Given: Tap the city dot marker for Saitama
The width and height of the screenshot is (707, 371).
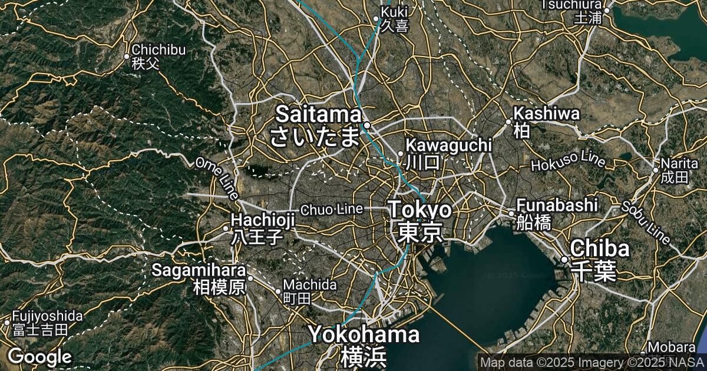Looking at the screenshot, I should click(x=366, y=125).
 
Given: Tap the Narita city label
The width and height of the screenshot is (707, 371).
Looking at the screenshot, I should click(x=675, y=170).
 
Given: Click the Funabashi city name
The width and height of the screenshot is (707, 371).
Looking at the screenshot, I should click(x=557, y=213).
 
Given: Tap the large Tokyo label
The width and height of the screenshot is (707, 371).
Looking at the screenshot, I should click(x=420, y=220).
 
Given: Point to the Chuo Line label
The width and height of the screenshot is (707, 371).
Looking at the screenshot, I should click(x=331, y=209).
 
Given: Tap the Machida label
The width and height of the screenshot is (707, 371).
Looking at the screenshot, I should click(x=310, y=291).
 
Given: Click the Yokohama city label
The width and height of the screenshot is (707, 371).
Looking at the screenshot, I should click(x=364, y=344).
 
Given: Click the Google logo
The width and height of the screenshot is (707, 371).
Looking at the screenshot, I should click(x=39, y=356).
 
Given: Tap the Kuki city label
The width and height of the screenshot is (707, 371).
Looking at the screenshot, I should click(x=394, y=18).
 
